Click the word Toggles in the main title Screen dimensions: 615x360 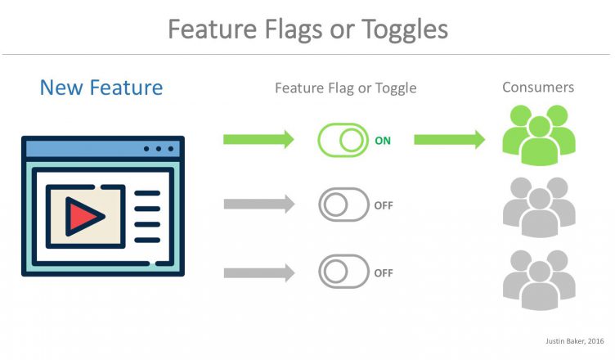pyautogui.click(x=404, y=30)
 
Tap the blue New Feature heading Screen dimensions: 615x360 pyautogui.click(x=101, y=88)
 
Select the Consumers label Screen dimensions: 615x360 pyautogui.click(x=538, y=88)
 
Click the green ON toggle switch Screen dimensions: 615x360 pyautogui.click(x=343, y=140)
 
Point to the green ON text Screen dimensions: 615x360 pyautogui.click(x=383, y=141)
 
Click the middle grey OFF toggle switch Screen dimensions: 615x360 pyautogui.click(x=343, y=205)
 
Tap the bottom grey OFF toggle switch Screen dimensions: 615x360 pyautogui.click(x=343, y=272)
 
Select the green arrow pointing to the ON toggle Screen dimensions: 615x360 pyautogui.click(x=258, y=139)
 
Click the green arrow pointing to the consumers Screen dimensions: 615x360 pyautogui.click(x=450, y=139)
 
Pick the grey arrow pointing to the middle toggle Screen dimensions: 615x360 pyautogui.click(x=259, y=205)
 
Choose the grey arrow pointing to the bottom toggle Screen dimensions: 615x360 pyautogui.click(x=259, y=272)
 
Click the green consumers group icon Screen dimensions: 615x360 pyautogui.click(x=539, y=135)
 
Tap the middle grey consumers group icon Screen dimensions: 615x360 pyautogui.click(x=539, y=207)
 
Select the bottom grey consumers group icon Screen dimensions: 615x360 pyautogui.click(x=539, y=281)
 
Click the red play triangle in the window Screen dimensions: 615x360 pyautogui.click(x=83, y=217)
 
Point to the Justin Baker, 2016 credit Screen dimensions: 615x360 pyautogui.click(x=575, y=341)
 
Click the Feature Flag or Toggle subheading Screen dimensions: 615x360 pyautogui.click(x=346, y=88)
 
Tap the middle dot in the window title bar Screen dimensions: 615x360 pyautogui.click(x=159, y=149)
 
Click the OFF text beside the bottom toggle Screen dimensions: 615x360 pyautogui.click(x=384, y=272)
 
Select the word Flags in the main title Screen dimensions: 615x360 pyautogui.click(x=294, y=30)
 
